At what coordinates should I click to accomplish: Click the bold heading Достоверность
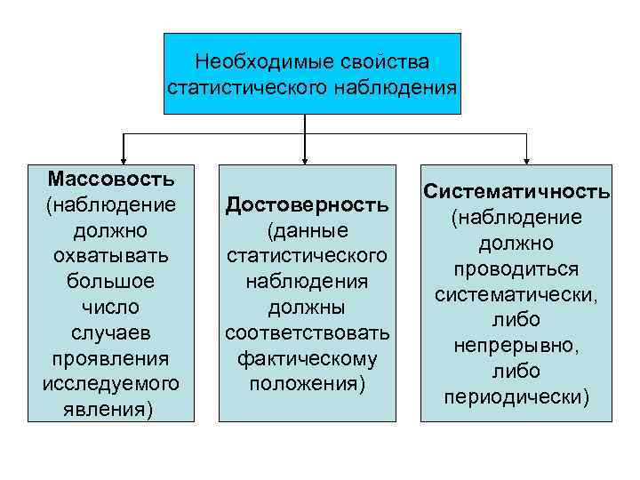pyautogui.click(x=308, y=205)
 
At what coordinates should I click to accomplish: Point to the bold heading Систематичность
pyautogui.click(x=516, y=191)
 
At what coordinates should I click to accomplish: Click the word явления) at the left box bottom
pyautogui.click(x=111, y=410)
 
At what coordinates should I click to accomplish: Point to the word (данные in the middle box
pyautogui.click(x=308, y=231)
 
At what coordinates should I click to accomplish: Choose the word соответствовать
pyautogui.click(x=308, y=334)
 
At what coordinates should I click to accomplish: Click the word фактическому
pyautogui.click(x=308, y=360)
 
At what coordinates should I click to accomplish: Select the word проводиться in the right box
pyautogui.click(x=516, y=268)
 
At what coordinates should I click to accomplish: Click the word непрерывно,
pyautogui.click(x=516, y=345)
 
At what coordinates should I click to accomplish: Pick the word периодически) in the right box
pyautogui.click(x=516, y=396)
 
